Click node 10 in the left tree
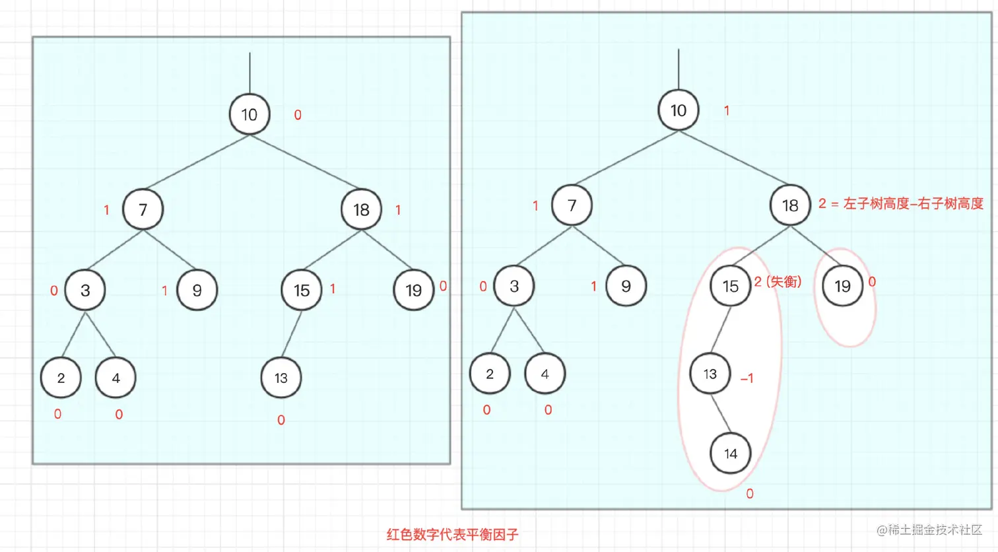pyautogui.click(x=249, y=114)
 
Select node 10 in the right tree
pyautogui.click(x=679, y=110)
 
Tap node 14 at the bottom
pyautogui.click(x=730, y=454)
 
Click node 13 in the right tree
pyautogui.click(x=710, y=374)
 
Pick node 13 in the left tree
pyautogui.click(x=281, y=378)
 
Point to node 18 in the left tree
pyautogui.click(x=361, y=209)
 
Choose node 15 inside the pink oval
pyautogui.click(x=730, y=286)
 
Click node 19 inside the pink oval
pyautogui.click(x=842, y=286)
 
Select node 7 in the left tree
pyautogui.click(x=143, y=209)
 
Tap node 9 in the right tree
pyautogui.click(x=626, y=286)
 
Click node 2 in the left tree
pyautogui.click(x=61, y=378)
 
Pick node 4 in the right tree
pyautogui.click(x=545, y=374)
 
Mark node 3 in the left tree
pyautogui.click(x=85, y=290)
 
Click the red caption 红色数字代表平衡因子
pyautogui.click(x=452, y=534)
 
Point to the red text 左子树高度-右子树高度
pyautogui.click(x=913, y=203)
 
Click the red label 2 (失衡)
pyautogui.click(x=778, y=282)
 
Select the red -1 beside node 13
pyautogui.click(x=747, y=378)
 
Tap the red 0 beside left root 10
pyautogui.click(x=298, y=115)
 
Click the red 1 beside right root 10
pyautogui.click(x=727, y=110)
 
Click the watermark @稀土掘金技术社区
pyautogui.click(x=929, y=530)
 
